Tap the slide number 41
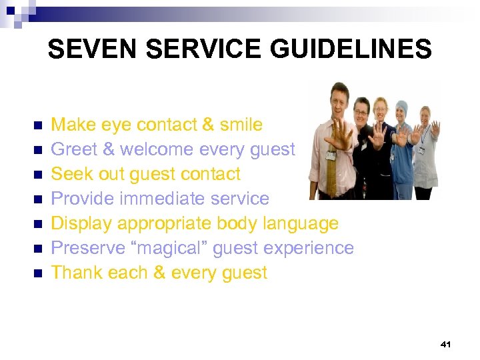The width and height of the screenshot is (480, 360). coord(446,344)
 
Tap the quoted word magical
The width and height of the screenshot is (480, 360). coord(165,248)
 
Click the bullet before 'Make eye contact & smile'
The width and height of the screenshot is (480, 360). coord(37,125)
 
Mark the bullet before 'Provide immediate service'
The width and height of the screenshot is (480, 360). coord(37,199)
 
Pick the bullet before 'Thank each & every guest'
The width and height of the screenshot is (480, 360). coord(37,273)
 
